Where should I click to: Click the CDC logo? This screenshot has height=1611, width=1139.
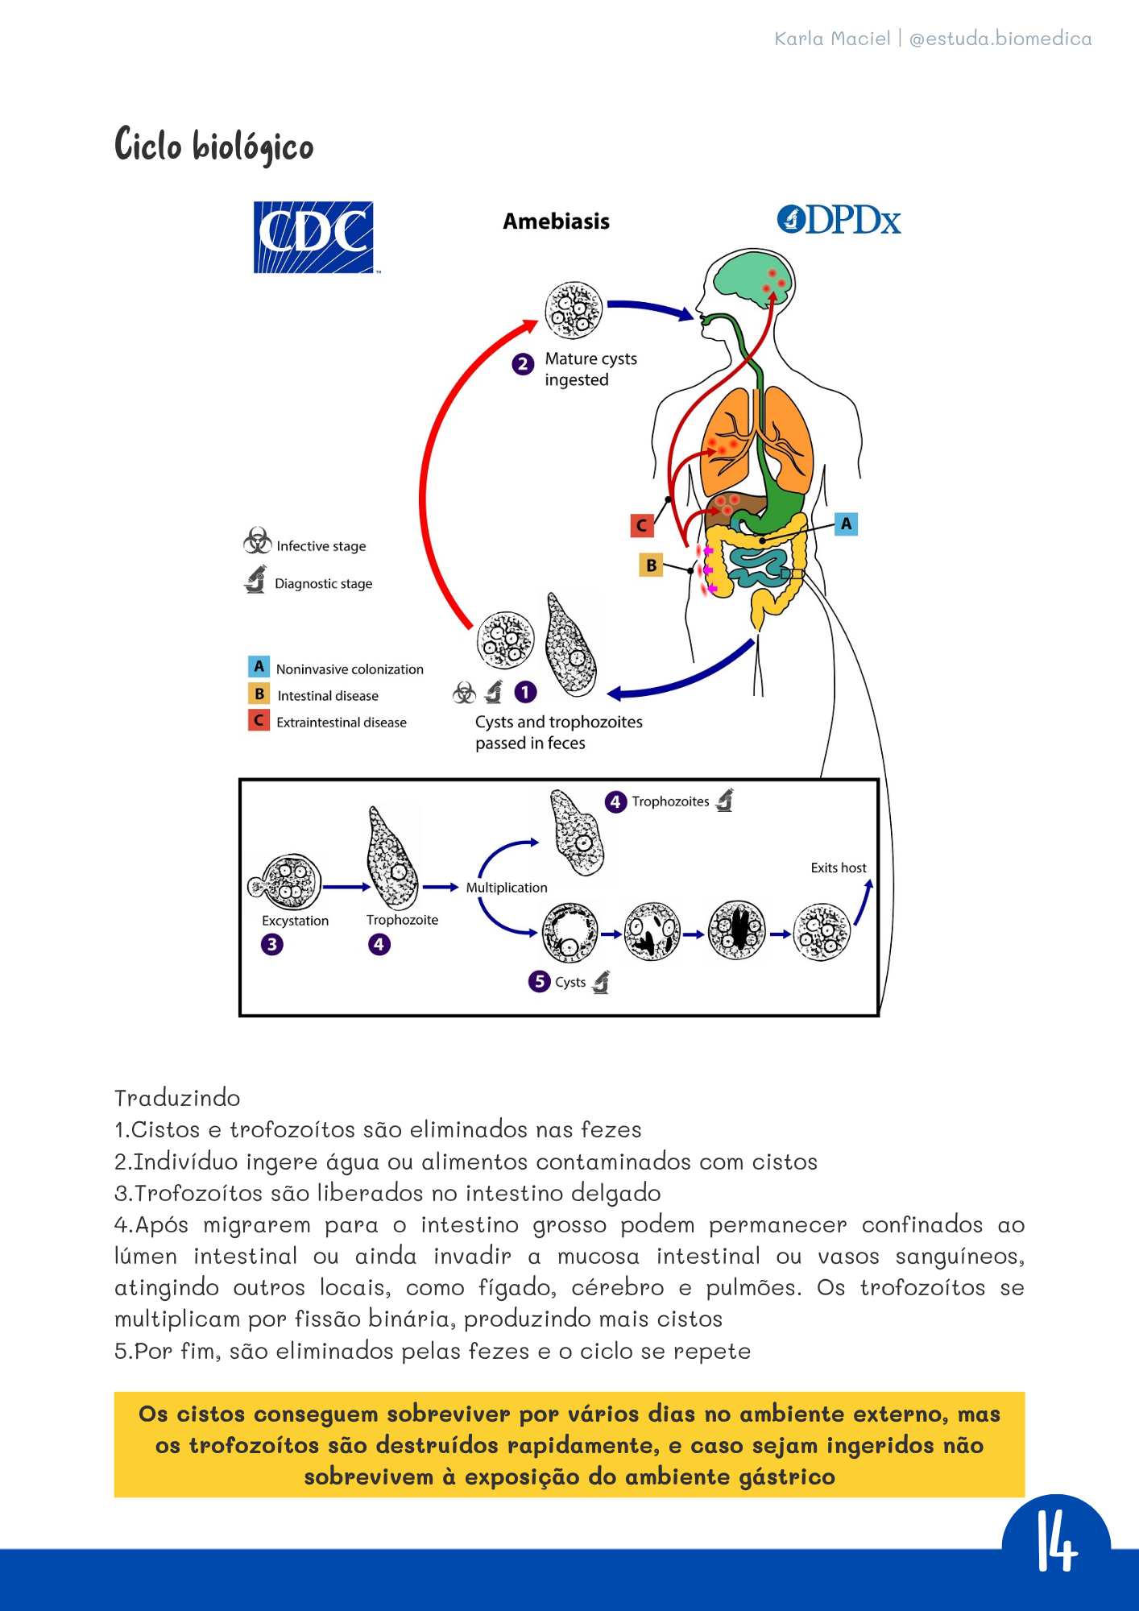tap(313, 237)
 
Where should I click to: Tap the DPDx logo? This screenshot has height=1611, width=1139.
tap(839, 220)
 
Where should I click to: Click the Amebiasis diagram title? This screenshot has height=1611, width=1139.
tap(556, 222)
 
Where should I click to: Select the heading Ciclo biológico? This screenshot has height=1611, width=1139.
tap(214, 146)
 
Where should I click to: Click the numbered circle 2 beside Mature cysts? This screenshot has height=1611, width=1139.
tap(523, 364)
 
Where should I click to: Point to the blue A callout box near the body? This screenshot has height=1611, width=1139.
tap(846, 524)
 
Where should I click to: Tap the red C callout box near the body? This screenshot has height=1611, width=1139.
tap(642, 525)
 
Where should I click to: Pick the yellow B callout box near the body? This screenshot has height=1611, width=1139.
tap(651, 565)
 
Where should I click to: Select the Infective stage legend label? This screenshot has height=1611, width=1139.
tap(321, 546)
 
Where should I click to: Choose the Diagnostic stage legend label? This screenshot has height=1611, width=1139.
tap(323, 583)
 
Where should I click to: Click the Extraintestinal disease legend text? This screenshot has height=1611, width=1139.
tap(342, 723)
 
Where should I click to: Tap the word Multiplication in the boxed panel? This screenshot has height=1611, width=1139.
tap(507, 888)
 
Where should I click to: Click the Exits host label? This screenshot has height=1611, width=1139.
tap(839, 868)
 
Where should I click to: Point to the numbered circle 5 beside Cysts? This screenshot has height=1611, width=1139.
tap(539, 981)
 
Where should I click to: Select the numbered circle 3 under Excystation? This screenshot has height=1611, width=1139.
tap(272, 944)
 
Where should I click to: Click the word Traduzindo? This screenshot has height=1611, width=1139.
tap(177, 1098)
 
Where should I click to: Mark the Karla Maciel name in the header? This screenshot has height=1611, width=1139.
tap(832, 39)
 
